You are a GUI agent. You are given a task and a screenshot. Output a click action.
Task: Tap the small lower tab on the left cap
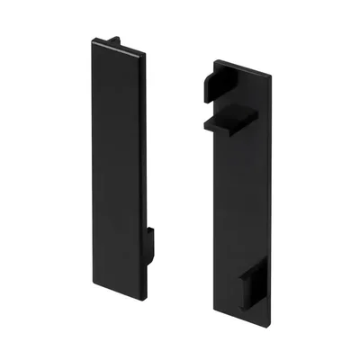point(150,241)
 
